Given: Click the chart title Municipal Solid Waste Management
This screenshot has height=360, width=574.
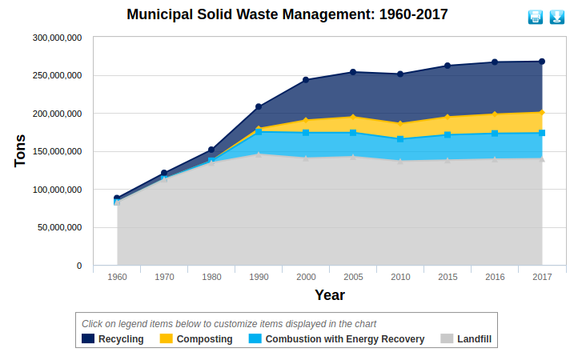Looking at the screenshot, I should coord(287,14).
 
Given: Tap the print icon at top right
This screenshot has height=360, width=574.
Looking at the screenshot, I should coord(536,17).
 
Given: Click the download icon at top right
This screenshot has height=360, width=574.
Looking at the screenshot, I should coord(556,17).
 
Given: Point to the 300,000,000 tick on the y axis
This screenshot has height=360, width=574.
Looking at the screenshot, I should coord(57,38).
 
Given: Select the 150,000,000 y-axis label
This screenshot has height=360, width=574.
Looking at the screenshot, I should coord(57,151).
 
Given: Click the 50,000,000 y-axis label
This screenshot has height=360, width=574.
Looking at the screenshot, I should coord(60,227).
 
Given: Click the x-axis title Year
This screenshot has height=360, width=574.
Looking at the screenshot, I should coord(329,295).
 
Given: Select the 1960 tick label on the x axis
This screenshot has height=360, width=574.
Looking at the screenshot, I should coord(117,277).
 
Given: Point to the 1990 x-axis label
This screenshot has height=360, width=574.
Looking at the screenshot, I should coord(259,277).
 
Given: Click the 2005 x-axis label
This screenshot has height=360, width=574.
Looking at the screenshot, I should coord(353,277).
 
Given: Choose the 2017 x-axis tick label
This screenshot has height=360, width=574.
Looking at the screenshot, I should coord(542,277).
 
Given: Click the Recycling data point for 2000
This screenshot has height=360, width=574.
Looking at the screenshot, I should coord(306,80).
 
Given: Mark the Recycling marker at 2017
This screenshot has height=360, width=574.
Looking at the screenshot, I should coord(542,62).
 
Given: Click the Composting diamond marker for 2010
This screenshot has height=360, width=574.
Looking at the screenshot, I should coord(400,124).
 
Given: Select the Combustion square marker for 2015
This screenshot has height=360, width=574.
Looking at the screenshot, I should coord(448,134).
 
